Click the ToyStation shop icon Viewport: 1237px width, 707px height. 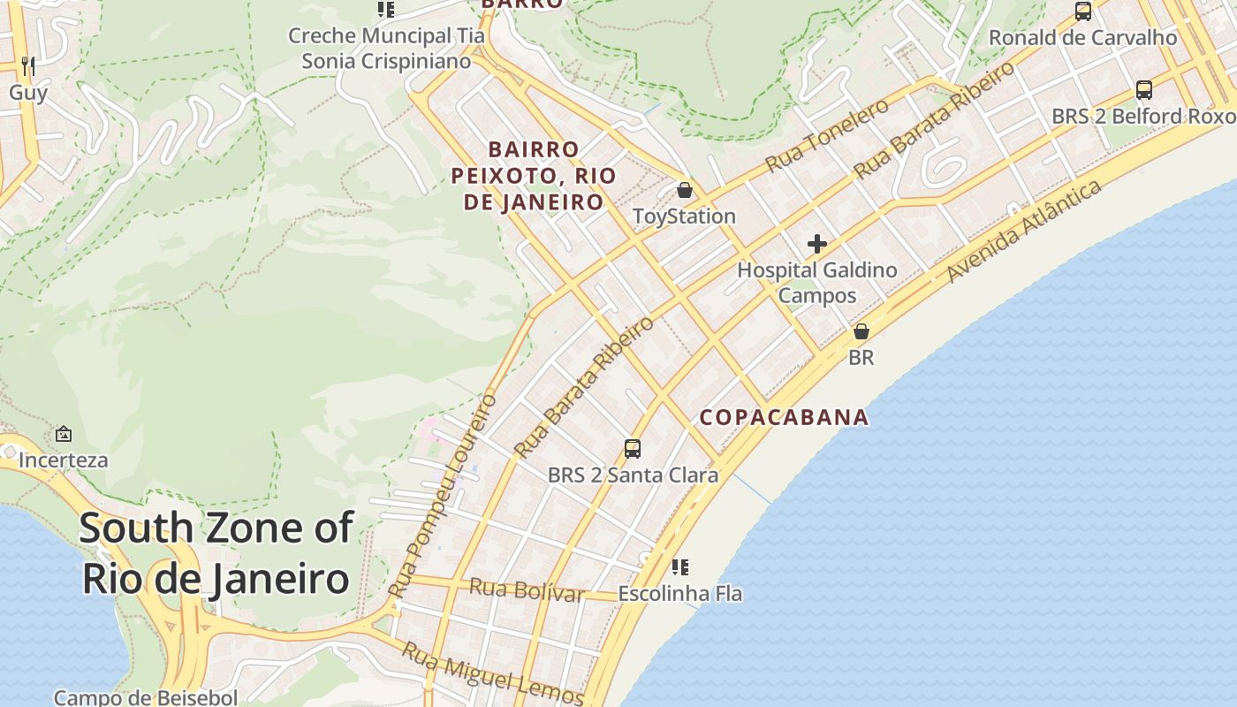(x=684, y=190)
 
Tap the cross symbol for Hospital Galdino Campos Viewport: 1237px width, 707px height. (x=817, y=244)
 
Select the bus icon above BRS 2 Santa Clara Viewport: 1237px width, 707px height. (x=633, y=449)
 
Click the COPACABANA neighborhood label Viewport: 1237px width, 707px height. (x=784, y=417)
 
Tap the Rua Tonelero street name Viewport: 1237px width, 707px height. (x=826, y=136)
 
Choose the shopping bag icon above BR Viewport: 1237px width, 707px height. (x=861, y=331)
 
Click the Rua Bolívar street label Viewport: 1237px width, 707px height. (x=527, y=589)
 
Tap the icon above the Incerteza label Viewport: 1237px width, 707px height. (x=64, y=434)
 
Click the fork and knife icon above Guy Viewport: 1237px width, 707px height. (x=28, y=65)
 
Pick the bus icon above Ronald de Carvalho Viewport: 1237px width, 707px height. (x=1082, y=11)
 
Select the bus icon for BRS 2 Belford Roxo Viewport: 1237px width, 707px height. (x=1143, y=90)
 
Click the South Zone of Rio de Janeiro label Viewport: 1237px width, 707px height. (x=216, y=553)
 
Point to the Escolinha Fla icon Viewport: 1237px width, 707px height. (x=679, y=566)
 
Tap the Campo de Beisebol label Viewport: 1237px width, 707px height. (x=146, y=697)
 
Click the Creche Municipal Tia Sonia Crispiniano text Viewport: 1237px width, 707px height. (x=387, y=49)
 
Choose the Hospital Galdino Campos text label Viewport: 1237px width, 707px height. (x=817, y=283)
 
